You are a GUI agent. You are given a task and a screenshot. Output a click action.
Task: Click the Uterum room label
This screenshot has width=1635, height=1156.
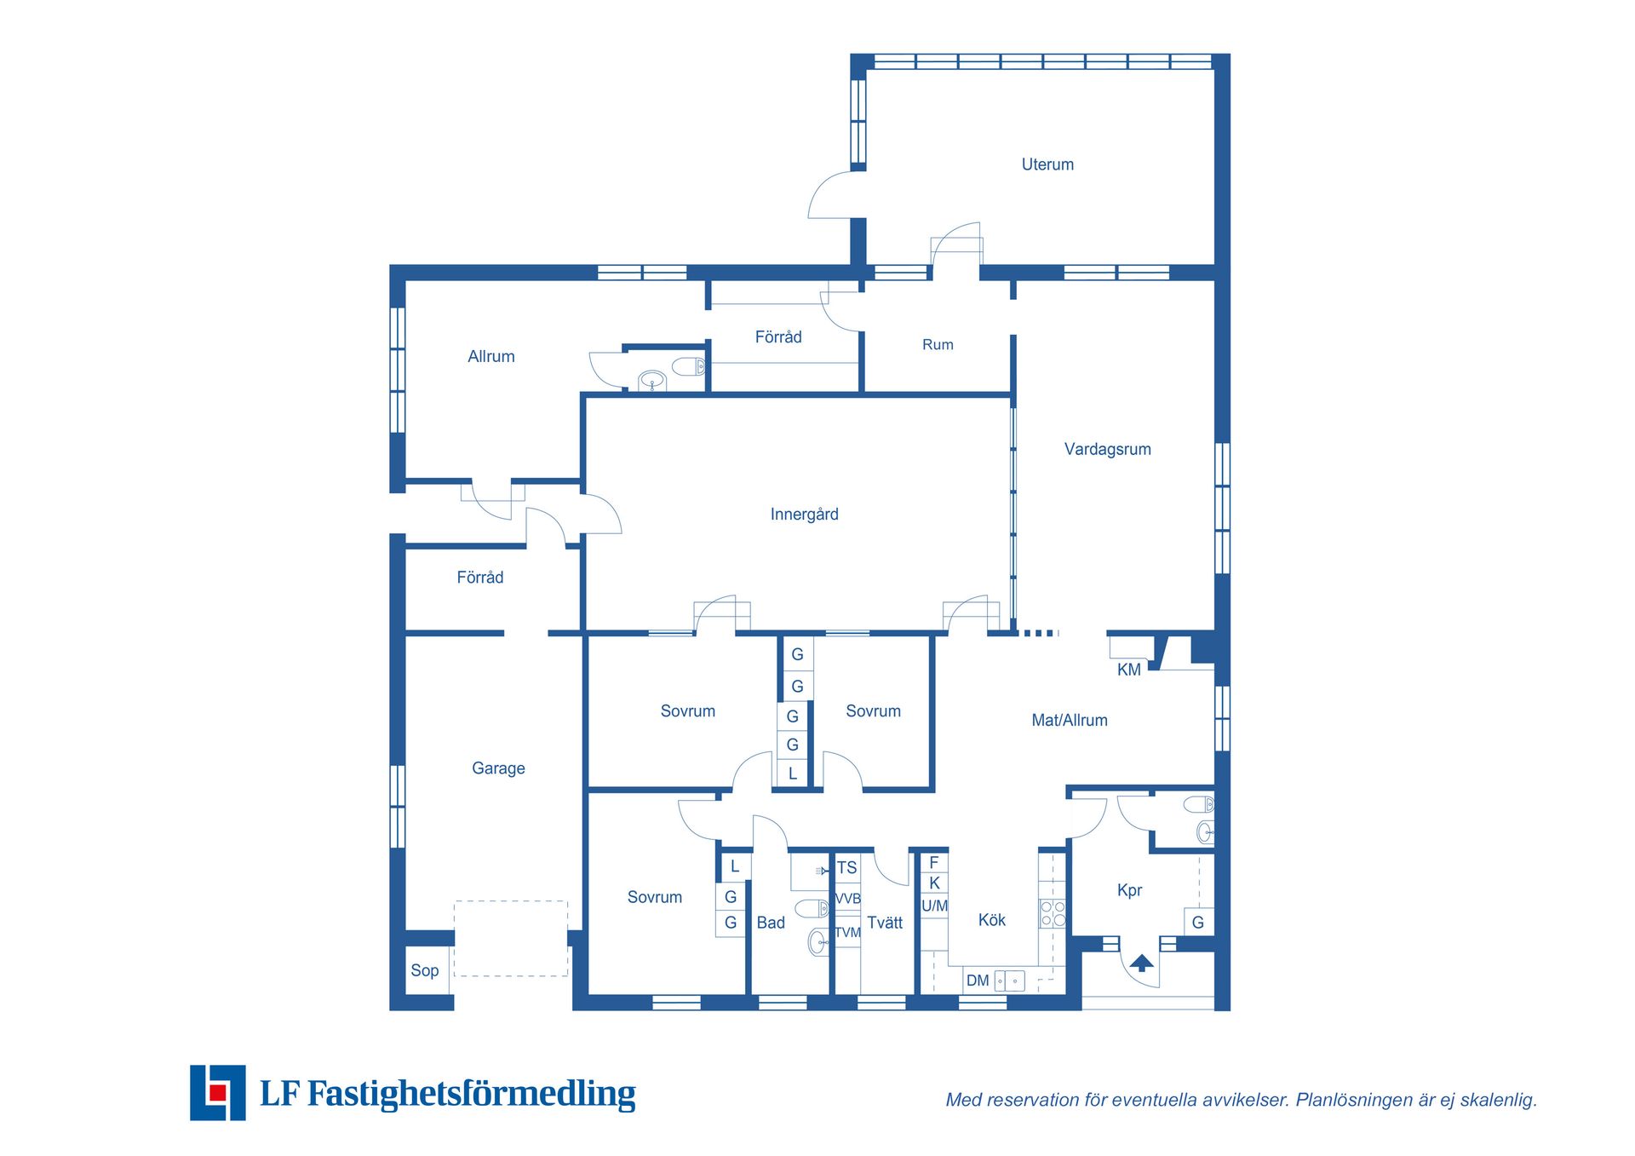coord(1047,164)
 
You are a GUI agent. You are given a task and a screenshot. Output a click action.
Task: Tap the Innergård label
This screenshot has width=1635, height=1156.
coord(804,515)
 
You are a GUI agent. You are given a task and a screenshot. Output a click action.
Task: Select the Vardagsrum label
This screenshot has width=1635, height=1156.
coord(1107,450)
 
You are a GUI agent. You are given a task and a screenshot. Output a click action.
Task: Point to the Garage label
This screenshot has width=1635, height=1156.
coord(498,768)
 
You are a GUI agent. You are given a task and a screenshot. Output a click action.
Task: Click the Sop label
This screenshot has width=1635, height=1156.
coord(424,971)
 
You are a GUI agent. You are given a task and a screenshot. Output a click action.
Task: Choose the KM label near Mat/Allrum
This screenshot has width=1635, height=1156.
coord(1128,670)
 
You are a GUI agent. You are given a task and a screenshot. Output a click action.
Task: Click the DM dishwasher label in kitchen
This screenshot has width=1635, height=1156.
coord(978,981)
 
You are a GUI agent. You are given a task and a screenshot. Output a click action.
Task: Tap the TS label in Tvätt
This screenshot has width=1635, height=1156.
coord(846,868)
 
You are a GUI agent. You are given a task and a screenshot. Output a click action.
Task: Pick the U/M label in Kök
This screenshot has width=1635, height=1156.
coord(934,906)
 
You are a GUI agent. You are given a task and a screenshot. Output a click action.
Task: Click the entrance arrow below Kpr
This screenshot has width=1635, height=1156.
coord(1142,963)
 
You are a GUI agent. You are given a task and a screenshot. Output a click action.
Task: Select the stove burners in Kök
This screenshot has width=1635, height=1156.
coord(1053,914)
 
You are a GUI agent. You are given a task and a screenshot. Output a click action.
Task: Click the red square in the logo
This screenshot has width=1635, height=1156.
coord(218,1093)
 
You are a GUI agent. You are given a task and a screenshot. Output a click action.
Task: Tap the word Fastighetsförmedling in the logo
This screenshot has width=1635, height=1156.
coord(471,1094)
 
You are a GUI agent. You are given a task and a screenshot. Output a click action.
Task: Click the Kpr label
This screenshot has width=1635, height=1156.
coord(1129,891)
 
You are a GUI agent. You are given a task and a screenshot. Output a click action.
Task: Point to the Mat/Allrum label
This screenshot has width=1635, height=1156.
coord(1070,721)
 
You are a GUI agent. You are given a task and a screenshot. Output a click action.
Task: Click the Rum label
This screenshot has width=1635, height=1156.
coord(938,345)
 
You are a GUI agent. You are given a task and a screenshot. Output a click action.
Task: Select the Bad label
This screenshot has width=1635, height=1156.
coord(771,923)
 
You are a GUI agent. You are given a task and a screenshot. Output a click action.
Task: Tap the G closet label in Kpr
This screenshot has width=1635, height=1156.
coord(1197,923)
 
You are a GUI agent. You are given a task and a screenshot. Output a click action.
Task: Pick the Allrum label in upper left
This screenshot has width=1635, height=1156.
coord(491,357)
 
